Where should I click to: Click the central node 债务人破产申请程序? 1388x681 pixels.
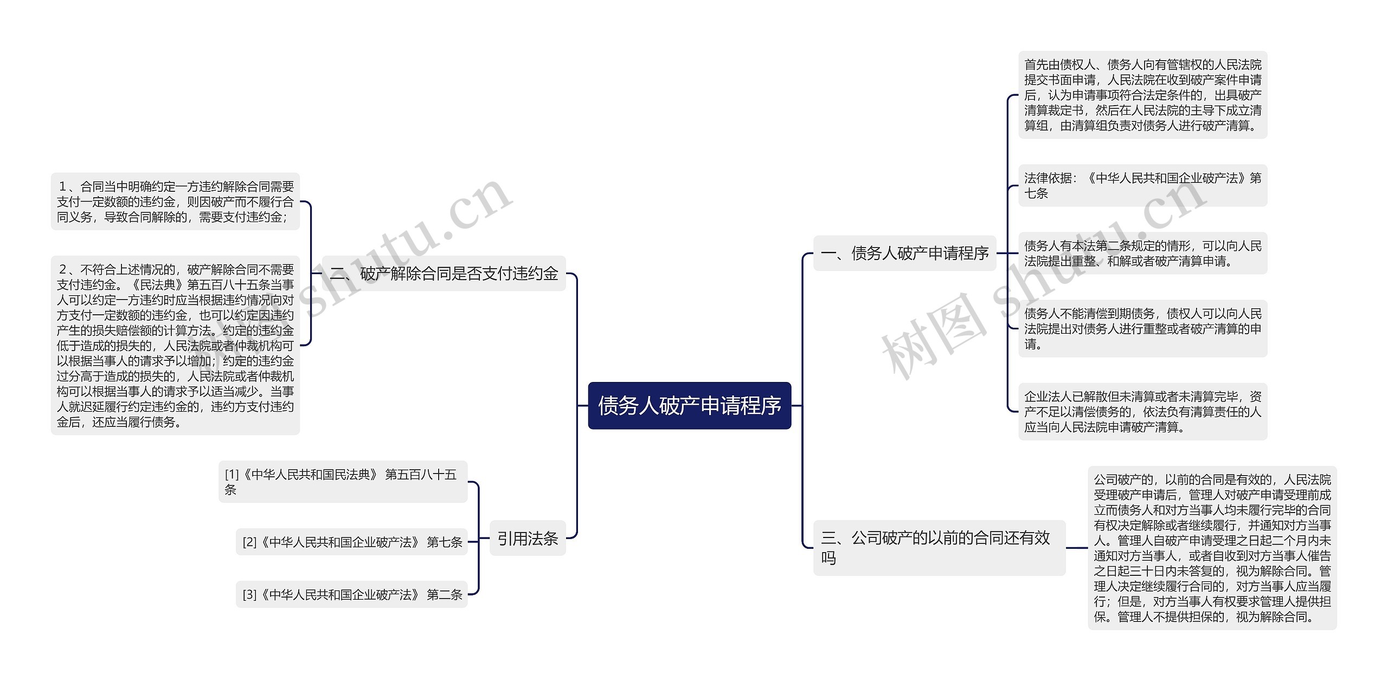coord(689,406)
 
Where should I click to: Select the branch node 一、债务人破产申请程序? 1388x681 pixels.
coord(904,253)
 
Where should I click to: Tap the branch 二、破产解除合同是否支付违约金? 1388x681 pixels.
coord(444,274)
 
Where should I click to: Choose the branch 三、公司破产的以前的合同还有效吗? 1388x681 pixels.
coord(939,547)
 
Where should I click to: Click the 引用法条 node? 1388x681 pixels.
coord(527,539)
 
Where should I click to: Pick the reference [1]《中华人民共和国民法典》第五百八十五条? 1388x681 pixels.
coord(342,482)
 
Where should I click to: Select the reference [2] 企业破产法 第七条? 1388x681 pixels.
coord(351,542)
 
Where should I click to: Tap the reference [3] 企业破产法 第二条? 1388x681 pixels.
coord(351,594)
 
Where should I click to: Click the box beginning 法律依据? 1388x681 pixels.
coord(1142,185)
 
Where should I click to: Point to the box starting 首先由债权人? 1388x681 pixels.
coord(1142,95)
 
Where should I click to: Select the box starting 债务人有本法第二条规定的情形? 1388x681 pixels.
coord(1142,253)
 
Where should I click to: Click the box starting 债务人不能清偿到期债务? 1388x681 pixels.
coord(1142,328)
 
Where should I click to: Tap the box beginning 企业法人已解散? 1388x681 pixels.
coord(1142,412)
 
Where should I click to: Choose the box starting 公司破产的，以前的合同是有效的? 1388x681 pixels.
coord(1212,548)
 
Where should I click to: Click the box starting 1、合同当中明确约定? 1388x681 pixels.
coord(175,202)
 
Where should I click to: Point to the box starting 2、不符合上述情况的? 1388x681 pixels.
coord(175,345)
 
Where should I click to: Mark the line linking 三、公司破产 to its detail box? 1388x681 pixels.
coord(1076,548)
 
